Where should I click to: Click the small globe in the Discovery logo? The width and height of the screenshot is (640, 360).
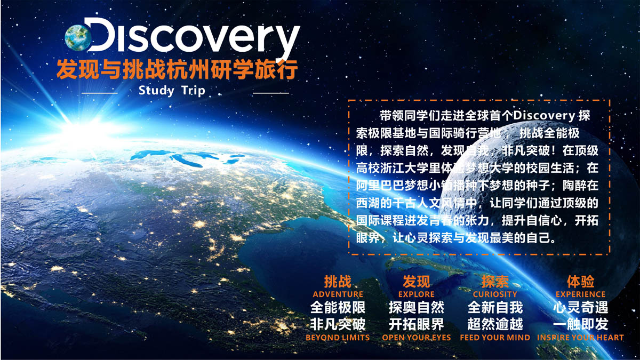[x=78, y=38]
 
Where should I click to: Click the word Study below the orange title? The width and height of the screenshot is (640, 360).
[x=156, y=91]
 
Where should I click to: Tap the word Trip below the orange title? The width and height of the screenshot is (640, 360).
[x=194, y=91]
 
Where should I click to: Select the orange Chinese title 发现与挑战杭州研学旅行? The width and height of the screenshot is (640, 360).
[x=177, y=69]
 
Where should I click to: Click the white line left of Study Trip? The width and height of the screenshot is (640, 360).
[x=99, y=93]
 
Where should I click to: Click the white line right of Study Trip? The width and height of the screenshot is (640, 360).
[x=271, y=93]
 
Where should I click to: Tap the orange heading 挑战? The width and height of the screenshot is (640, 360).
[x=338, y=282]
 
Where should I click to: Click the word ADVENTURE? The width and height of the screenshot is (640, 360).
[x=338, y=294]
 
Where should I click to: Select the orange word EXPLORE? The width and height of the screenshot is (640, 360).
[x=417, y=294]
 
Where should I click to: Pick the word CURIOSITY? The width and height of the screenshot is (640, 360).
[x=495, y=294]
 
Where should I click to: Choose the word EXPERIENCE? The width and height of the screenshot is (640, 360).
[x=581, y=294]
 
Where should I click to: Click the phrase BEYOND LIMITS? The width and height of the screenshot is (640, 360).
[x=338, y=338]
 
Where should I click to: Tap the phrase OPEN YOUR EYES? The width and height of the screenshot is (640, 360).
[x=417, y=338]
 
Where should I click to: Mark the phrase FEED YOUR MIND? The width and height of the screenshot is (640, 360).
[x=495, y=338]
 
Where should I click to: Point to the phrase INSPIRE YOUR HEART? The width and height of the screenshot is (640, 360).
[x=581, y=338]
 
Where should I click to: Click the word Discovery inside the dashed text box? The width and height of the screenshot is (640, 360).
[x=544, y=116]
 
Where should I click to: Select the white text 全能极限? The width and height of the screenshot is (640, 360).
[x=338, y=307]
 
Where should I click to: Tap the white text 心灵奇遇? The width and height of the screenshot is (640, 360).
[x=581, y=307]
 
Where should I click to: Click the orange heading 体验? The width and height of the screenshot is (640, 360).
[x=581, y=282]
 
